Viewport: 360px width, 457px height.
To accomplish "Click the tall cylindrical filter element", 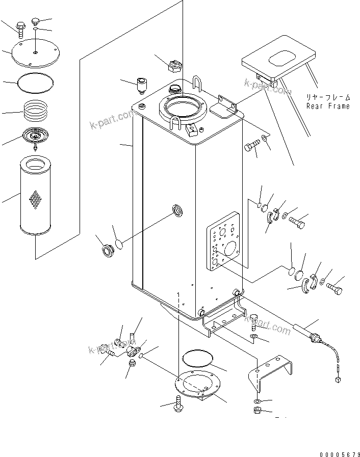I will point(36,196).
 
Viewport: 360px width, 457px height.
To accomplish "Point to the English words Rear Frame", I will point(328,106).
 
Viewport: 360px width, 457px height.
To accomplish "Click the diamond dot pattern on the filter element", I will point(36,200).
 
